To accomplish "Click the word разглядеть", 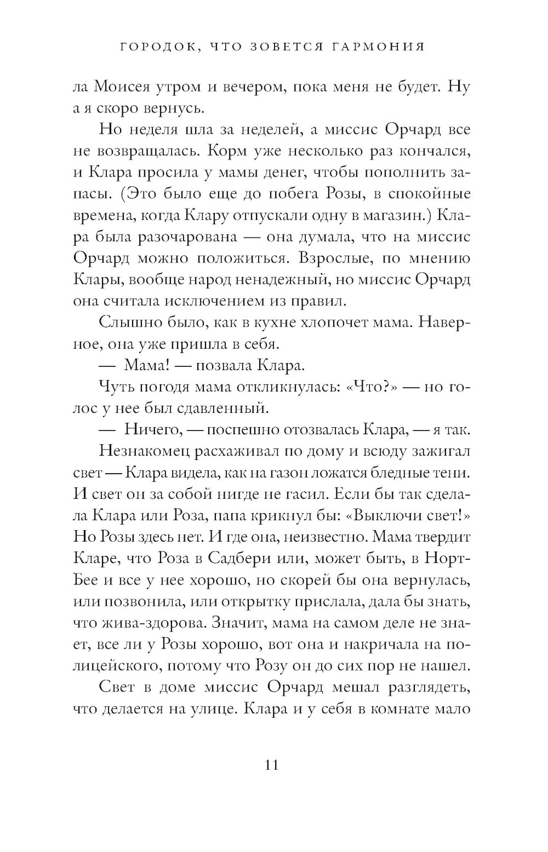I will tap(426, 688).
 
